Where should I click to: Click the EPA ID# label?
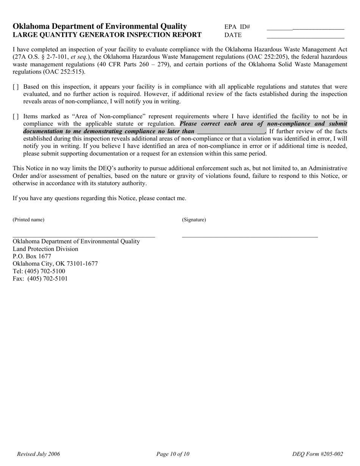(237, 27)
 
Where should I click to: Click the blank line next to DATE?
(305, 38)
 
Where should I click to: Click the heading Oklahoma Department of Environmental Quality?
(100, 26)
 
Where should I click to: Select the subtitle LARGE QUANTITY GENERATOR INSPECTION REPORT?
(107, 35)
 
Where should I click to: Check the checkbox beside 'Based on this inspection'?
(16, 87)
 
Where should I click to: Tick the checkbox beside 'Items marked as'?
(16, 117)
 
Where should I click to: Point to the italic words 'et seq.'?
(79, 57)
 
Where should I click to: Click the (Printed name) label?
(28, 220)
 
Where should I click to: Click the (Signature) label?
(194, 220)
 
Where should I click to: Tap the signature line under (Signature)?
(250, 237)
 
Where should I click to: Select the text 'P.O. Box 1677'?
(32, 256)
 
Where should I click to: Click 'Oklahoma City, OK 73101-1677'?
(55, 264)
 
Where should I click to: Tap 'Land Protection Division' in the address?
(45, 249)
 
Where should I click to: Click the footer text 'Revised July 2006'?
(38, 454)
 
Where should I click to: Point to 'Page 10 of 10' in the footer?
(173, 454)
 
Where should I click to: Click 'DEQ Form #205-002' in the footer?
(318, 454)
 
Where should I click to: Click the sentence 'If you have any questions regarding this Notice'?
(99, 198)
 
